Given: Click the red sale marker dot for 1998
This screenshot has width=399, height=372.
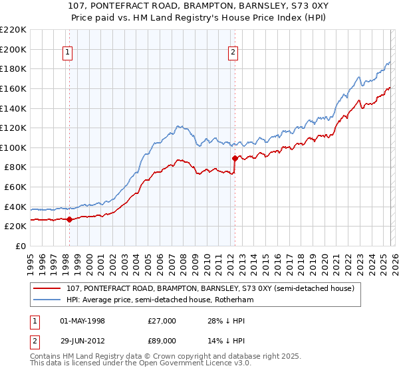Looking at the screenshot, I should pos(69,219).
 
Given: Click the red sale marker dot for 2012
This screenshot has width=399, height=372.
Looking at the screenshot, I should pos(235,158).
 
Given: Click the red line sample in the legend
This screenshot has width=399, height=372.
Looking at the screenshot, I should pos(49,288).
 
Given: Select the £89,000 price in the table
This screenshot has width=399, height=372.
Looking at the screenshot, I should pos(162,341).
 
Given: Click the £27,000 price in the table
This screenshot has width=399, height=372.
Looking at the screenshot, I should pos(162,321).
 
